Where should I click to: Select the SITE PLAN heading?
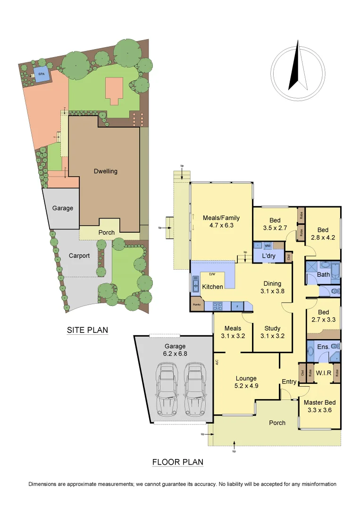click(87, 330)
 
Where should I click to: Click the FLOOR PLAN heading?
click(178, 462)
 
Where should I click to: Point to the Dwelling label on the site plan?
click(105, 171)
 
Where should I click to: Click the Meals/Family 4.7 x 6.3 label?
click(221, 221)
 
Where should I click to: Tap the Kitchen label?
click(212, 287)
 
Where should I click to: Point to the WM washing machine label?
click(267, 246)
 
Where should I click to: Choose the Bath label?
click(324, 274)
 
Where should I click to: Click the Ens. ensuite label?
click(323, 347)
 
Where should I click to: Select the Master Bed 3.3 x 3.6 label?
click(319, 406)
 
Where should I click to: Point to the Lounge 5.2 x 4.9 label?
click(246, 382)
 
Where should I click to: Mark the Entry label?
click(289, 382)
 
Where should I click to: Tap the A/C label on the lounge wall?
click(217, 363)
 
